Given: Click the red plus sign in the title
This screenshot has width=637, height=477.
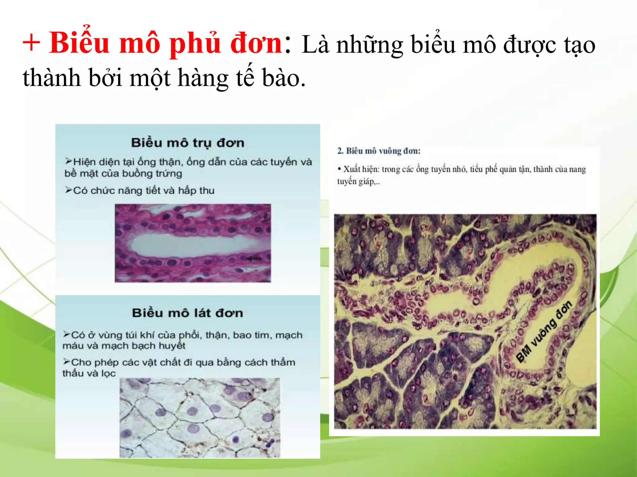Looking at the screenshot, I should pos(31,43).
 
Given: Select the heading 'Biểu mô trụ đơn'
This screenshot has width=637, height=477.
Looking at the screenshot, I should pos(188,143).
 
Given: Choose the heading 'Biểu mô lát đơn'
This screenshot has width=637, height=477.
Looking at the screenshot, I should pos(187,313).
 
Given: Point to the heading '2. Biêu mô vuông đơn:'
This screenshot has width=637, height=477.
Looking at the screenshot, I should pos(379,151).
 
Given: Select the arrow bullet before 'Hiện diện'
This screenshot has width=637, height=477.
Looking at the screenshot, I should pos(68,161).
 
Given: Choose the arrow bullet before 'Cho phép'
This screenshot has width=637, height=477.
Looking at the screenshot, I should pos(67,361).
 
